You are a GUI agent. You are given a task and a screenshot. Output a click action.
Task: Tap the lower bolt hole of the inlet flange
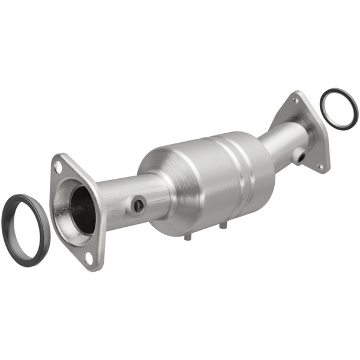89,259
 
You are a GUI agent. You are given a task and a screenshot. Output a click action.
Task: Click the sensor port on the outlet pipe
298,157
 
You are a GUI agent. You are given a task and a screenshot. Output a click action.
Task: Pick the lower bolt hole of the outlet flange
320,166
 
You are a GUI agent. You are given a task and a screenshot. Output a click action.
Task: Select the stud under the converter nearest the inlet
187,236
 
